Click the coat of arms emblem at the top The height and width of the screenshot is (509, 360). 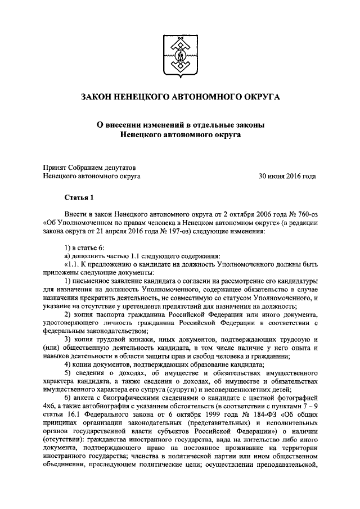click(x=180, y=55)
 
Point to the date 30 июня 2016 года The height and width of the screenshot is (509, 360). click(x=287, y=175)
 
